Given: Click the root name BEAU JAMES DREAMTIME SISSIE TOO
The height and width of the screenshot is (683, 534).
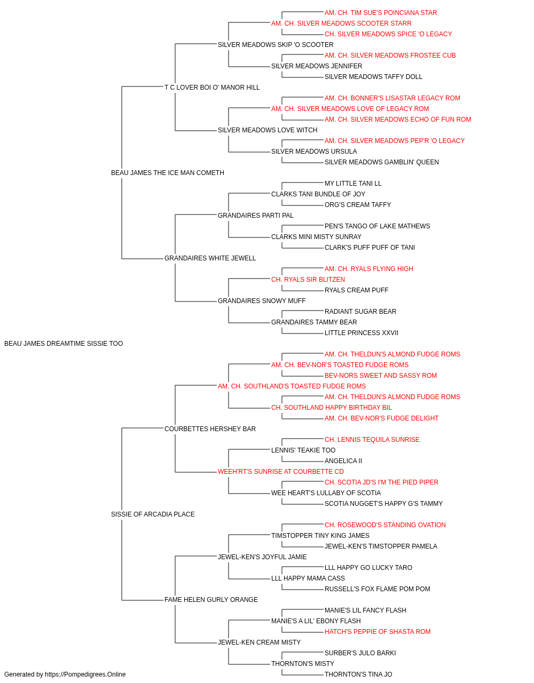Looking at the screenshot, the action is [64, 344].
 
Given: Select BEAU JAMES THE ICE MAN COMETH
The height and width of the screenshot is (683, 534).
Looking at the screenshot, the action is [168, 173].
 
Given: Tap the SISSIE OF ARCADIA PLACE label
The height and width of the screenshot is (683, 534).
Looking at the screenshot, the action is [153, 514].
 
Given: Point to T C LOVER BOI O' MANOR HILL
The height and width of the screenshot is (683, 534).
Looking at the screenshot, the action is [212, 88].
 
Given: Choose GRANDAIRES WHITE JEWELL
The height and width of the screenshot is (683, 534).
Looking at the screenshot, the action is [210, 258].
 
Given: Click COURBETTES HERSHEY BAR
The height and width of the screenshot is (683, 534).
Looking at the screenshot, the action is [210, 428].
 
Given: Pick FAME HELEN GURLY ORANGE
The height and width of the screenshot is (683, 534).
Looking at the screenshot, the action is [211, 599].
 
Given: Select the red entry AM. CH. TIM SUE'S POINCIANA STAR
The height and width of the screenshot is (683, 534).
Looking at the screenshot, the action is [381, 13].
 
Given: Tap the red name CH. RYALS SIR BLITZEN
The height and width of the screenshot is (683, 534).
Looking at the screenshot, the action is [308, 280].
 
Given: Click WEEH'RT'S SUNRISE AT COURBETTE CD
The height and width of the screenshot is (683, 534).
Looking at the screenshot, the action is [281, 472].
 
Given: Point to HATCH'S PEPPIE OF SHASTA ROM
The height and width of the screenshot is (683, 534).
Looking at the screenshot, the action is [378, 631].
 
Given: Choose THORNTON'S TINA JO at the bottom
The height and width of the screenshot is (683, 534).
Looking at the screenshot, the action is [358, 674].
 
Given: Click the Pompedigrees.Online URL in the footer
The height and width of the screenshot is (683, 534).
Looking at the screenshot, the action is [85, 674].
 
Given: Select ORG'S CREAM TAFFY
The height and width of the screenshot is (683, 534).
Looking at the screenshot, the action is [358, 204].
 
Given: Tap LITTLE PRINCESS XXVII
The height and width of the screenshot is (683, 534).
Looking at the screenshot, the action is [362, 333].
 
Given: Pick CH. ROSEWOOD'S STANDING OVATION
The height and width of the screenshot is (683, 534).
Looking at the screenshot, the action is [385, 525].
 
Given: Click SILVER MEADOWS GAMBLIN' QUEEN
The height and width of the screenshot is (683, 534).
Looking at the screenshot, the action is [382, 162].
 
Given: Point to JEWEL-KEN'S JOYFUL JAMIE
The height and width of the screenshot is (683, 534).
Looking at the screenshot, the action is [262, 557].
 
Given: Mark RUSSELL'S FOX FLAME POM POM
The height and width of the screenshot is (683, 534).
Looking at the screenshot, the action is [378, 589].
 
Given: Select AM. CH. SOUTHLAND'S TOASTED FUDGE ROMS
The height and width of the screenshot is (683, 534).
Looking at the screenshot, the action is [292, 386].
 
